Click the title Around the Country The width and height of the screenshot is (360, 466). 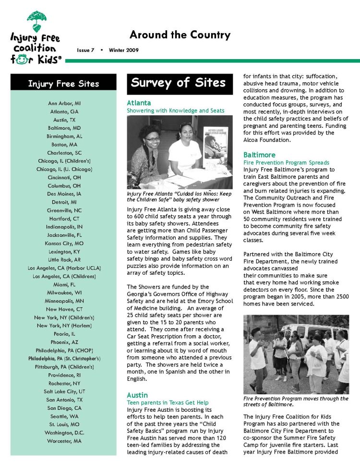coord(180,35)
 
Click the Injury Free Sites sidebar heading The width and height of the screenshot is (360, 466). coord(63,84)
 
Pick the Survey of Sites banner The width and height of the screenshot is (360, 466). coord(178,83)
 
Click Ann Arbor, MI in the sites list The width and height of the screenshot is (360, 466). coord(64,103)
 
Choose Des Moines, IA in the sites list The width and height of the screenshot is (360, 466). coord(64,194)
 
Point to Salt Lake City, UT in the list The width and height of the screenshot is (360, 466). coord(64,392)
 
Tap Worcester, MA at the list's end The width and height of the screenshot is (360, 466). coord(64,441)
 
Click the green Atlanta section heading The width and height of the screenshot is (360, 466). coord(139,103)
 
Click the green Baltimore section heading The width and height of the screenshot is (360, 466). coord(259,155)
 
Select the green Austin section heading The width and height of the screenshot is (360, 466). coord(138,395)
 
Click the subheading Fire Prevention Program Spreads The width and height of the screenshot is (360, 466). coord(286,163)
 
